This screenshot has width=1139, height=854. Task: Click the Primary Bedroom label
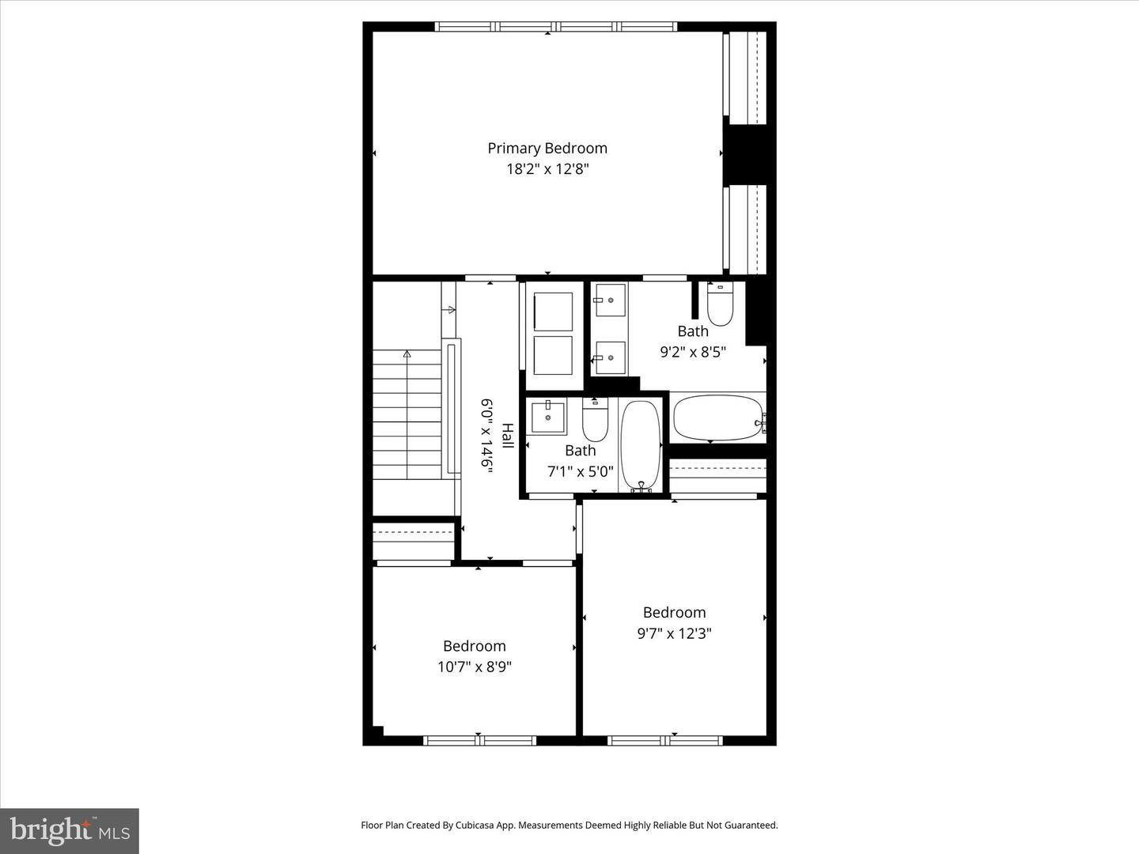[x=547, y=149]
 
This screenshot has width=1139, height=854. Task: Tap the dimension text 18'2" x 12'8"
[x=547, y=169]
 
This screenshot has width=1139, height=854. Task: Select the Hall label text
[x=507, y=436]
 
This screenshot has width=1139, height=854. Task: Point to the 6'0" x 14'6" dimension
[x=486, y=436]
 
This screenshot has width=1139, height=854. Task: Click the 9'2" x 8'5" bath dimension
[x=693, y=352]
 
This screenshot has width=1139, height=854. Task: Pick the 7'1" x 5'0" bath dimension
[x=580, y=471]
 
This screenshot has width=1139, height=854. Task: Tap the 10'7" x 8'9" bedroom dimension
[x=475, y=667]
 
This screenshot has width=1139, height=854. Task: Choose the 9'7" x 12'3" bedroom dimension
[x=674, y=633]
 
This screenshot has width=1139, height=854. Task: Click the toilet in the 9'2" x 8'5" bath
[x=720, y=304]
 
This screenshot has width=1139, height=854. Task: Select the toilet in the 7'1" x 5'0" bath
[x=595, y=419]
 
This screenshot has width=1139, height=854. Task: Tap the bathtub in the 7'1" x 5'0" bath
[x=641, y=446]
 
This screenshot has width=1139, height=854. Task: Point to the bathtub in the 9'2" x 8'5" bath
[x=719, y=418]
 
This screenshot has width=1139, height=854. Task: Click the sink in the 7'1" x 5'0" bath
[x=548, y=417]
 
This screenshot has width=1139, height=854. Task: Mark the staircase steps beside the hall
[x=407, y=415]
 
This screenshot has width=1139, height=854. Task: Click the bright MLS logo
[x=70, y=830]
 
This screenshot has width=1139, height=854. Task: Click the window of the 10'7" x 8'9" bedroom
[x=479, y=740]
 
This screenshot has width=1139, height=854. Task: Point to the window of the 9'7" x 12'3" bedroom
[x=664, y=740]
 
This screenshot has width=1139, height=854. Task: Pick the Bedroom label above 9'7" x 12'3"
[x=674, y=612]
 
